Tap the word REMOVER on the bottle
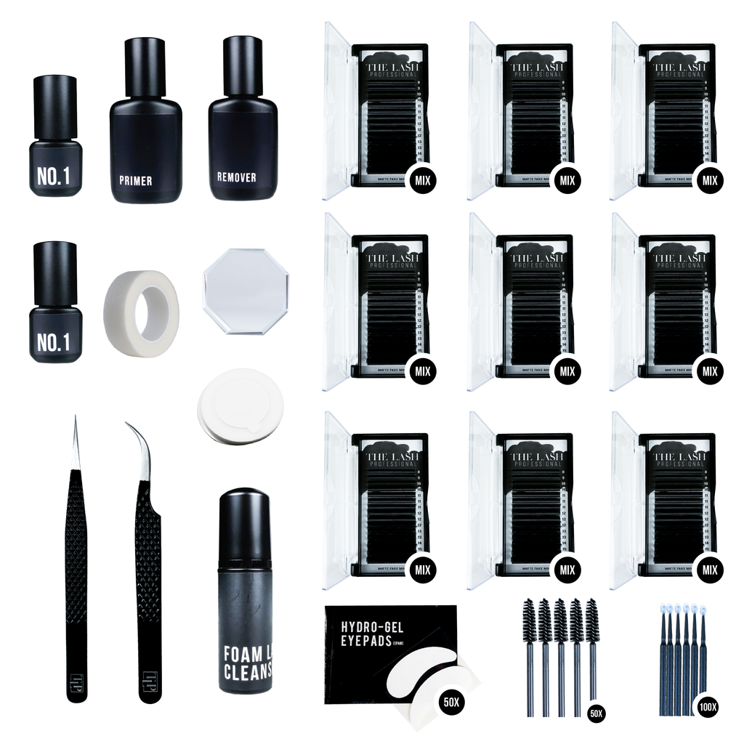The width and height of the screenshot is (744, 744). pos(236,177)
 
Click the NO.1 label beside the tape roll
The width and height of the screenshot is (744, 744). pos(55,342)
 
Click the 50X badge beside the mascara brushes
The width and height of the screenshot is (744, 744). pos(597,713)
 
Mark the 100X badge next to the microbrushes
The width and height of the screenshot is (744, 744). pos(705,704)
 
